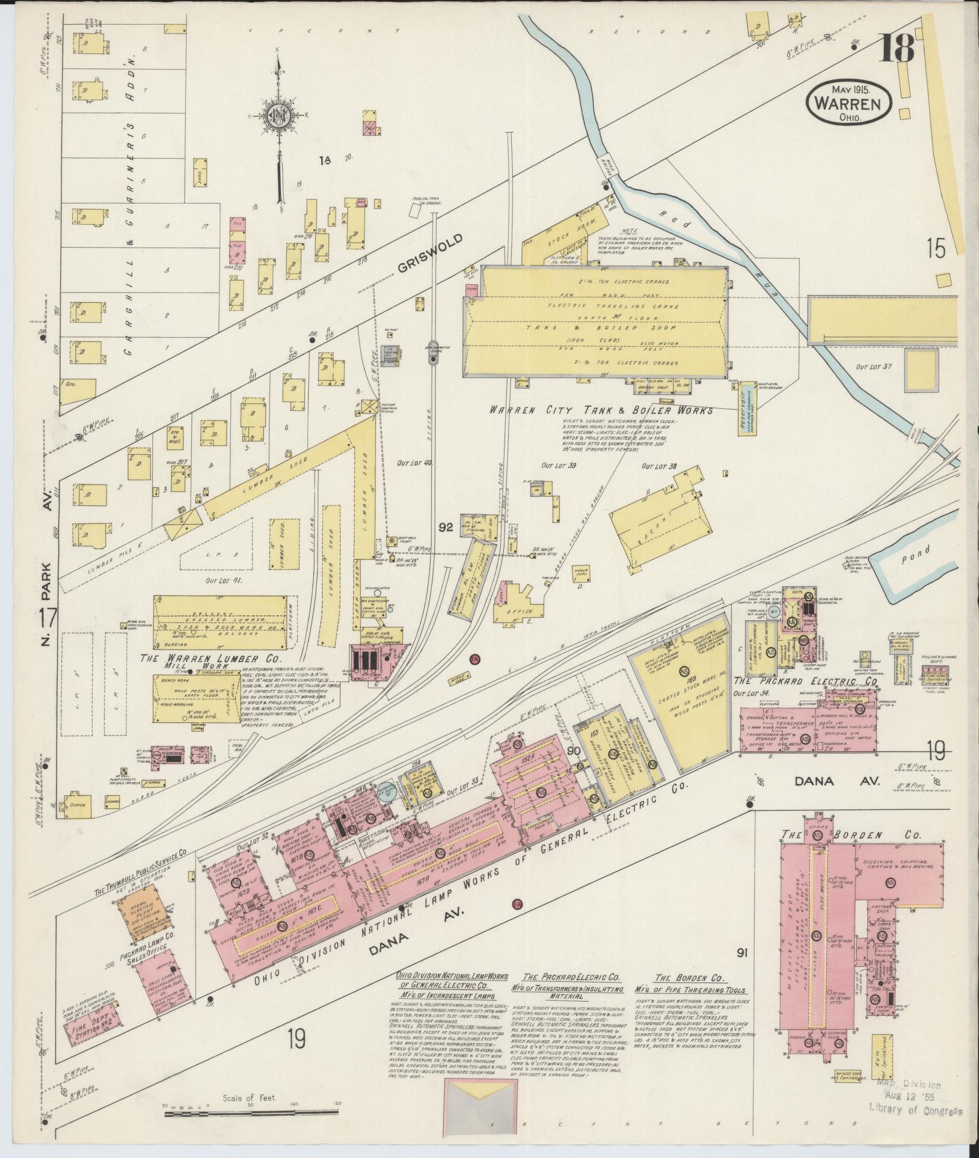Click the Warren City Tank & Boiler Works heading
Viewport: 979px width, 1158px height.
(600, 411)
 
